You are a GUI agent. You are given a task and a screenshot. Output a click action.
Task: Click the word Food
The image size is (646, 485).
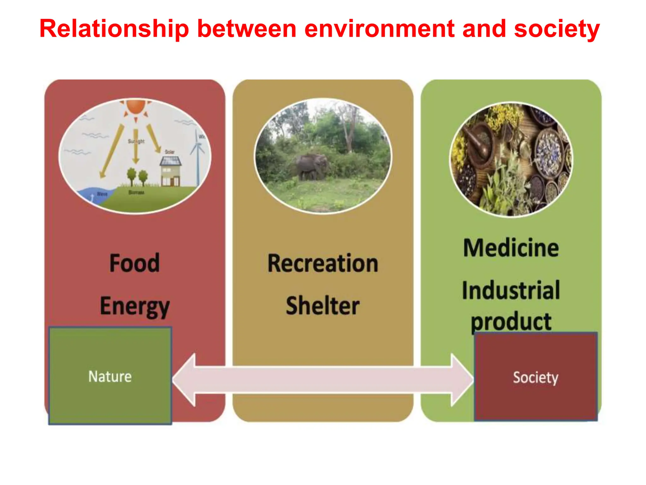point(135,263)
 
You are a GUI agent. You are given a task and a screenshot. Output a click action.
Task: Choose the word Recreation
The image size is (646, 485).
point(323,263)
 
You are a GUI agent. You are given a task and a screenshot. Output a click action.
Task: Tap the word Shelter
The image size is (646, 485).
point(323,306)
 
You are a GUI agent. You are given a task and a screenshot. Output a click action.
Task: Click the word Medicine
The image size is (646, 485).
point(511,248)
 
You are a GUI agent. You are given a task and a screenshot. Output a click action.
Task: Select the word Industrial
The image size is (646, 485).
point(511,290)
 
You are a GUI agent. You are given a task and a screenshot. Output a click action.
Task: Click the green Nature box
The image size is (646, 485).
point(110,376)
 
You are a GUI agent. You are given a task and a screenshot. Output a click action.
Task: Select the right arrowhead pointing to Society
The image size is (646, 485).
point(461,380)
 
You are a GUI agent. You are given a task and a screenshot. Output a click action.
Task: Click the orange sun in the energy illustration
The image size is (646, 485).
point(136,106)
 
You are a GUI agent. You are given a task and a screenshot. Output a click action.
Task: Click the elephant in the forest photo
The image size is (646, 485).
point(311,167)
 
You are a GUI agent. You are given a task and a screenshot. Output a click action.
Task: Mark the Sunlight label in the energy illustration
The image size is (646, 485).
point(136,141)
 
